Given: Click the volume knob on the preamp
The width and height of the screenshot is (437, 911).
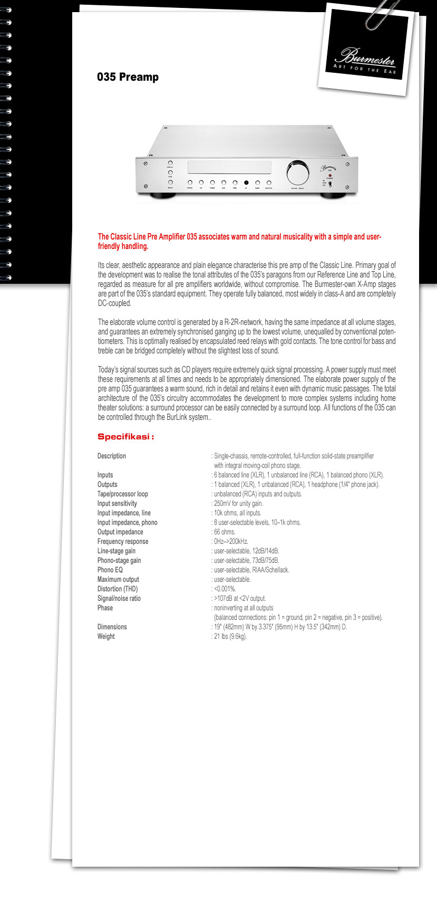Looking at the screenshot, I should click(298, 172).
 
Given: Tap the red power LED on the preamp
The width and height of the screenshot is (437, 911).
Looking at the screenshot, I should click(329, 175).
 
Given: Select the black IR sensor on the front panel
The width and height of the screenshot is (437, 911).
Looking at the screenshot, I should click(246, 183).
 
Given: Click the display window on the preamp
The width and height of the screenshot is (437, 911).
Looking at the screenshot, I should click(229, 168).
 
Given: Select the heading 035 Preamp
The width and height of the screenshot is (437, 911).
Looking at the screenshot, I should click(128, 77).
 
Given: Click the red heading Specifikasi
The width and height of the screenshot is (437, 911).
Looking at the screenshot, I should click(125, 437).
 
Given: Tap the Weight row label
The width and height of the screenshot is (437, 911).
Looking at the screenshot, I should click(106, 636).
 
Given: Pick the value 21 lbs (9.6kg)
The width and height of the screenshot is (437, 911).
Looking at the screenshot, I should click(230, 636).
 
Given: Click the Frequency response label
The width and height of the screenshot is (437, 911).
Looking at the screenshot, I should click(123, 541).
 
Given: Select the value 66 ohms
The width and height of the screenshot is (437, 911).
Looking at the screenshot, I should click(225, 532).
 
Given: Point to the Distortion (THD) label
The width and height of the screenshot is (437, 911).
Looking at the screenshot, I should click(118, 589).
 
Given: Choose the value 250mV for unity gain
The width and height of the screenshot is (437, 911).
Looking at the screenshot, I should click(238, 503).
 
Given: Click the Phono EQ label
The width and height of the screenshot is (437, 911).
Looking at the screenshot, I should click(110, 570).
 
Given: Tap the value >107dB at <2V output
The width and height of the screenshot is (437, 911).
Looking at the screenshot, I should click(240, 598).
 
